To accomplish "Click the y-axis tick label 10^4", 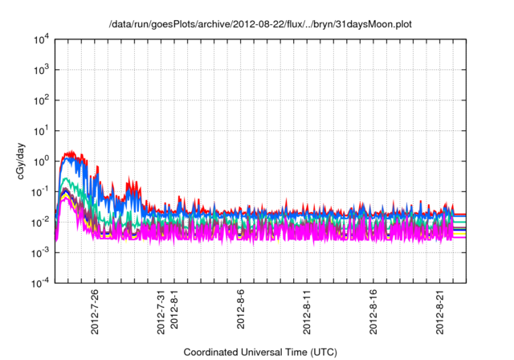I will point(42,39).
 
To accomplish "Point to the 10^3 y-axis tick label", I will point(42,69).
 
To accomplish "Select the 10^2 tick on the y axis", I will point(42,100).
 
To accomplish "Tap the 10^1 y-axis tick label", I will point(42,130).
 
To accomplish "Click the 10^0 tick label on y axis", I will point(42,161).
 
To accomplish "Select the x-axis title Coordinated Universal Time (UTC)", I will point(261,353).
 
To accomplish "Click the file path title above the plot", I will point(261,25).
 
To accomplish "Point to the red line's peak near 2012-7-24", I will point(71,151).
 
